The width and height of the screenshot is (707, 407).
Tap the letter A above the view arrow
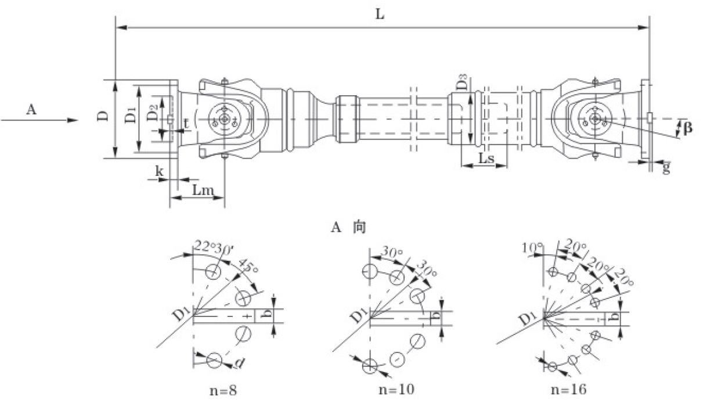click(31, 109)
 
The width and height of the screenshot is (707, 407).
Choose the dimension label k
click(159, 171)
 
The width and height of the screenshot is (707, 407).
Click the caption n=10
click(397, 390)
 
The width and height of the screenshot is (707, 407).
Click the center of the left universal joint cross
click(223, 119)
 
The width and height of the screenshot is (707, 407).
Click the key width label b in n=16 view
click(616, 318)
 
